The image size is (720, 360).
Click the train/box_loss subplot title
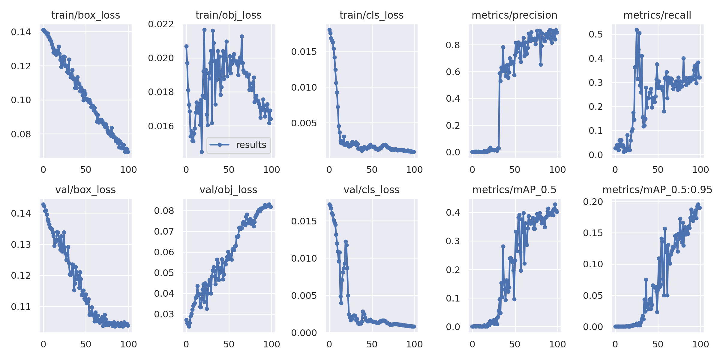click(85, 15)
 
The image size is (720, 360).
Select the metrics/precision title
click(514, 15)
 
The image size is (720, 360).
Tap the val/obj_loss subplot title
click(228, 190)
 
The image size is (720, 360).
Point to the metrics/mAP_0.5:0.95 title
click(657, 190)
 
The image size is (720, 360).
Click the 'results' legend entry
click(251, 145)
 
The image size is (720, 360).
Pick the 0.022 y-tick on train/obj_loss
click(161, 24)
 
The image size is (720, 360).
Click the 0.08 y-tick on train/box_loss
click(21, 134)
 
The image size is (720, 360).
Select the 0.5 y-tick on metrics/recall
click(596, 34)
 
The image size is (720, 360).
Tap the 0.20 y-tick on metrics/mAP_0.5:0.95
click(593, 202)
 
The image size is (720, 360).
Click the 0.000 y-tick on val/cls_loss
click(304, 332)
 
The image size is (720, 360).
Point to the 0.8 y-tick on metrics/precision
click(453, 45)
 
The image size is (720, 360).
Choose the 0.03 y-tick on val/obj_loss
click(164, 314)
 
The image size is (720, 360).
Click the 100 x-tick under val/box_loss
click(128, 344)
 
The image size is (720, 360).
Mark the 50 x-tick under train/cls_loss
click(372, 169)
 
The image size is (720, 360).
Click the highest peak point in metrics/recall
click(637, 30)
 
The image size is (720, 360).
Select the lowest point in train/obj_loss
click(202, 152)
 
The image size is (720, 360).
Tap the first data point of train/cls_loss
click(329, 30)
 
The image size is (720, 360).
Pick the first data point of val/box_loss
click(43, 204)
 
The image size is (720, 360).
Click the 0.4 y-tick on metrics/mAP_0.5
click(453, 212)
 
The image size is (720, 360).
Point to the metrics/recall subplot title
click(657, 15)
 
